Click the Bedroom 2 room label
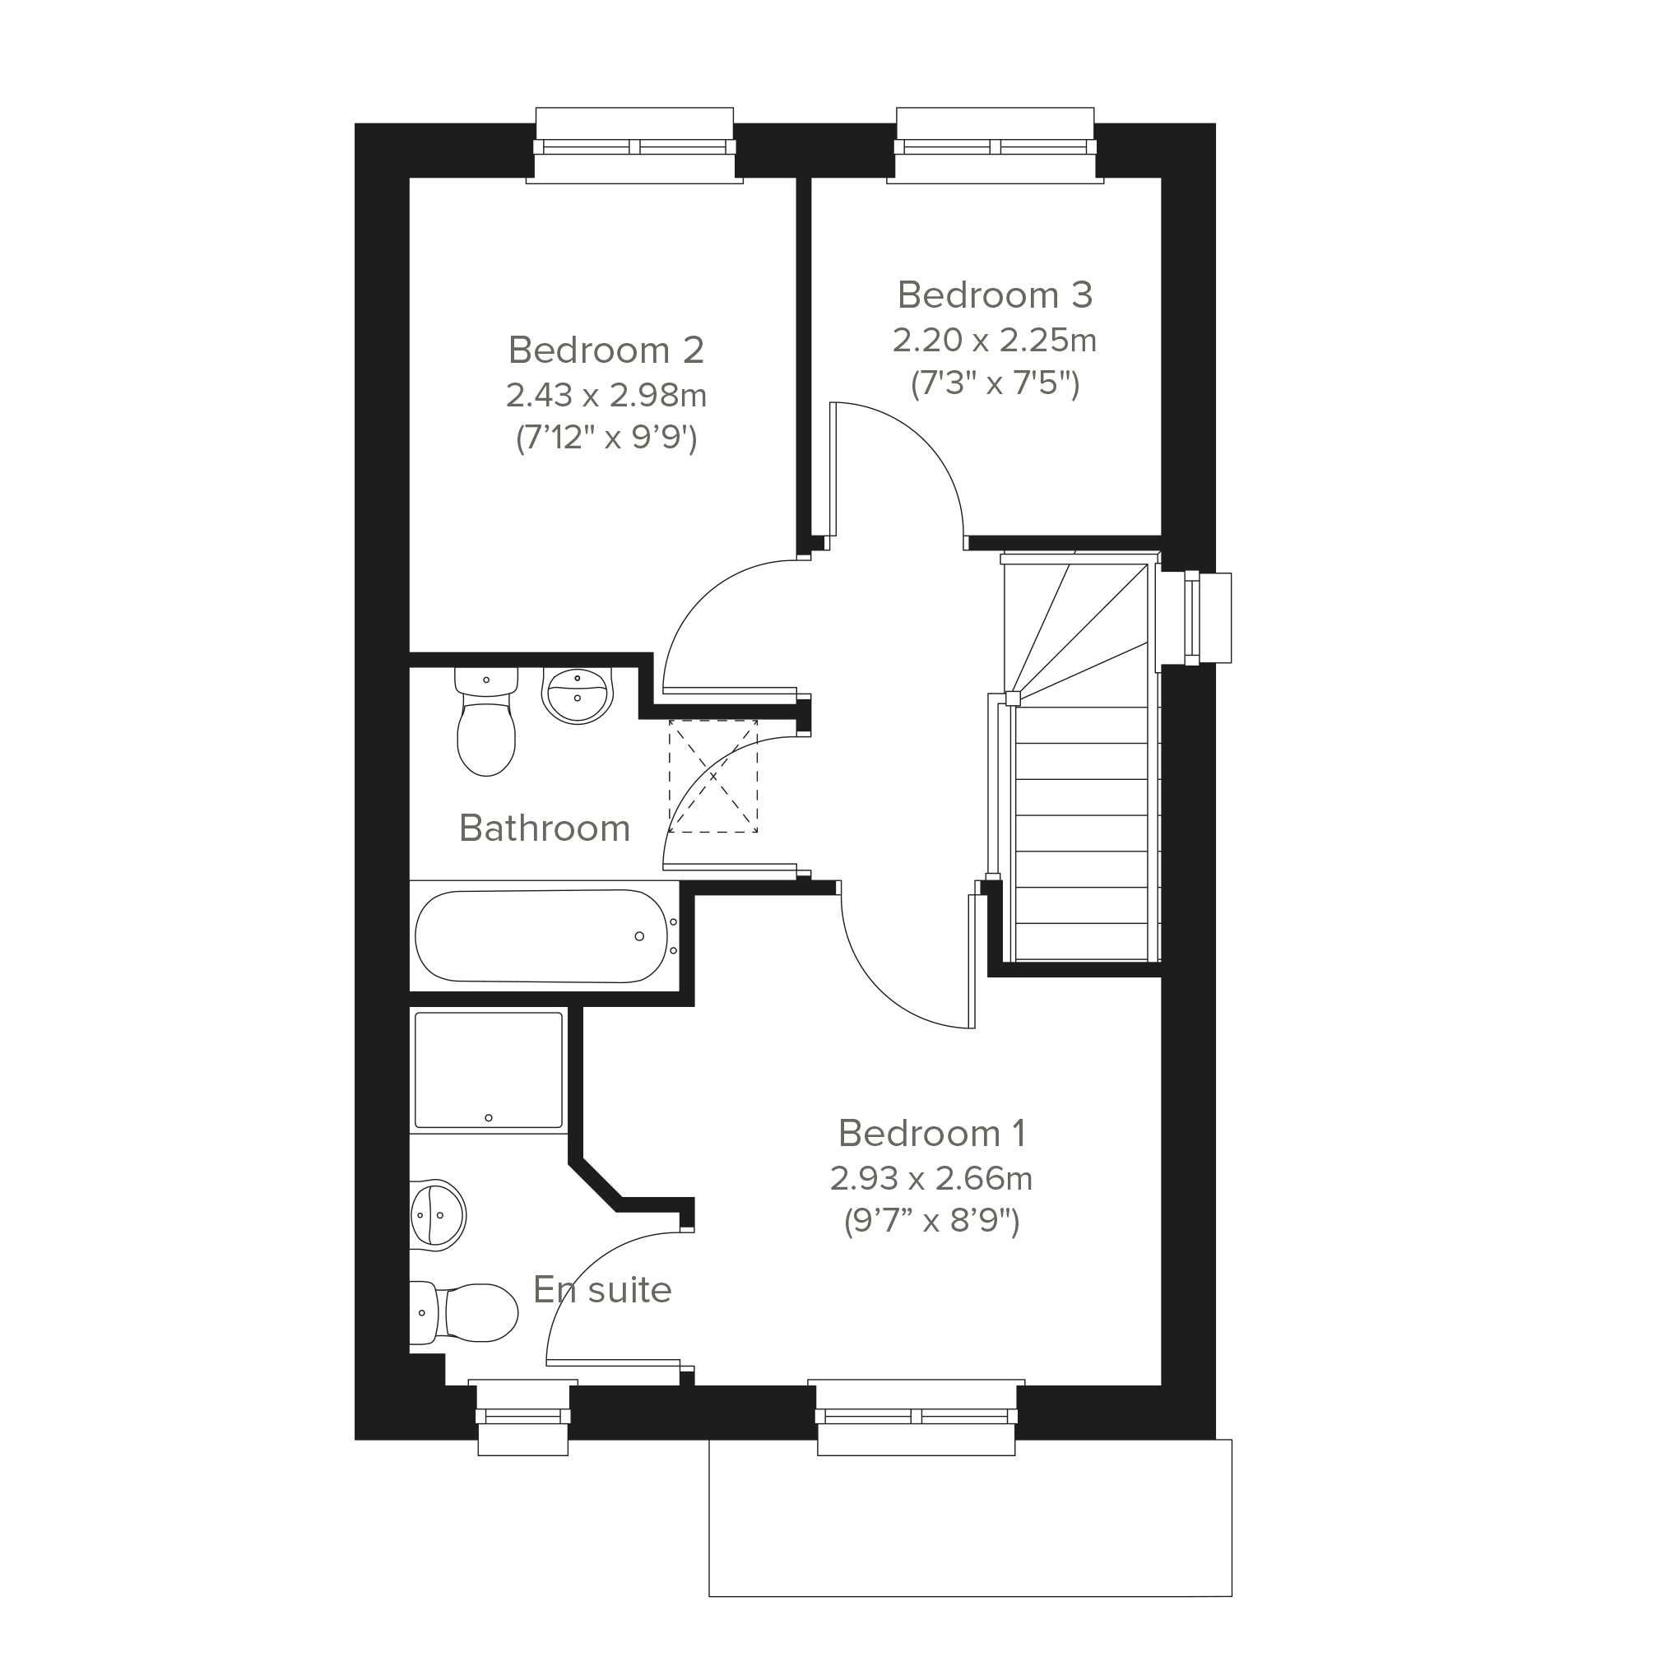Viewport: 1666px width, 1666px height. pos(606,350)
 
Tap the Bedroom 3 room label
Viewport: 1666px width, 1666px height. pos(995,295)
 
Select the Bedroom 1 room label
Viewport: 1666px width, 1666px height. pos(932,1133)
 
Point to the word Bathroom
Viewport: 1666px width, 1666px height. pos(544,828)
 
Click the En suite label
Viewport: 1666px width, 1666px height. pos(602,1290)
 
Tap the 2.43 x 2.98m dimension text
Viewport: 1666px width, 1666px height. pos(606,395)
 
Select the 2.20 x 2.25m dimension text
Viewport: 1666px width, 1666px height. pos(995,341)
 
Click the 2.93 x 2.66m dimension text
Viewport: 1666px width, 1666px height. pos(931,1178)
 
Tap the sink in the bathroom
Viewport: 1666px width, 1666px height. pos(578,695)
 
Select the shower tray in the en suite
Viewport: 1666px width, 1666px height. pos(489,1070)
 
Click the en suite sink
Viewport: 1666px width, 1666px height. pos(437,1214)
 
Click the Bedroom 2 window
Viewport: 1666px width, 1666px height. pos(634,146)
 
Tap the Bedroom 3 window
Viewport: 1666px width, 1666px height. pos(995,146)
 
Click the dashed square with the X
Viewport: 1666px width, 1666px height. pos(713,776)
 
